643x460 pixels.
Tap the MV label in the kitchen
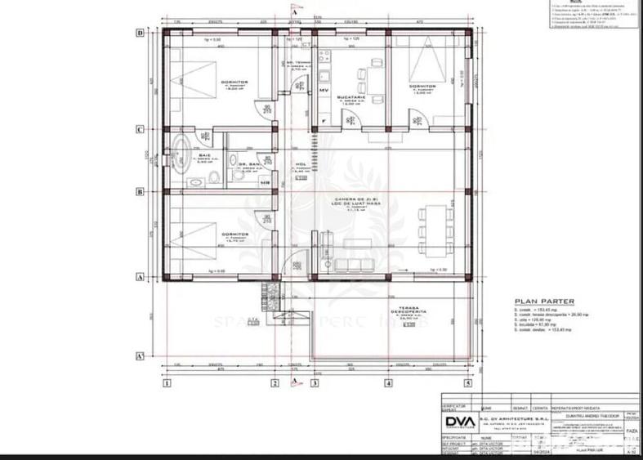point(324,89)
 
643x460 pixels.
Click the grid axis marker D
point(140,33)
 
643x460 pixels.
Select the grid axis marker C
point(140,129)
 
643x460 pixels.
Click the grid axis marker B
point(140,193)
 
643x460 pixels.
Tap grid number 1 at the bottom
point(167,382)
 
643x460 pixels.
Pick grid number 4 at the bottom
point(388,382)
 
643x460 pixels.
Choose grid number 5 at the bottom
point(467,382)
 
